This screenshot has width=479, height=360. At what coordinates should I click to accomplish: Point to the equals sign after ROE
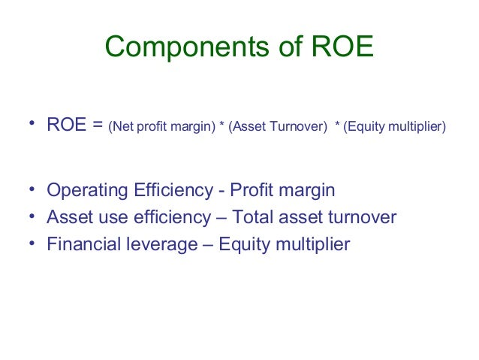click(x=98, y=126)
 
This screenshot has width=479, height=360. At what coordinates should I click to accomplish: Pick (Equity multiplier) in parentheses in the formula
click(x=394, y=127)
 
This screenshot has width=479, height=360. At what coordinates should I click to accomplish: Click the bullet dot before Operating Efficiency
click(x=34, y=191)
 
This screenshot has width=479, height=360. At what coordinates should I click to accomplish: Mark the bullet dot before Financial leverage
click(x=34, y=244)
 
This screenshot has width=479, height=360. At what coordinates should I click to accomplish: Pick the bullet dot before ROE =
click(x=34, y=125)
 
